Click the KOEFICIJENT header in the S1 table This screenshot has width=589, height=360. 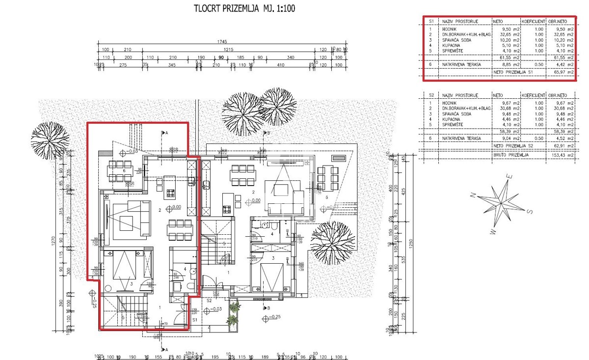[x=533, y=22]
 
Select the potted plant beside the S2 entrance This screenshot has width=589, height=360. [x=233, y=314]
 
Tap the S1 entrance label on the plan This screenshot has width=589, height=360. [x=195, y=319]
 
